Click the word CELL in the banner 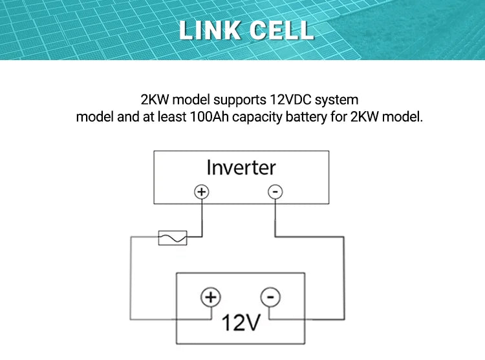(x=281, y=30)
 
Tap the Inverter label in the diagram (x=241, y=167)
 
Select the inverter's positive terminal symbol (x=202, y=192)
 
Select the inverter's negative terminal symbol (x=275, y=192)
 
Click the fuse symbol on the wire (x=173, y=238)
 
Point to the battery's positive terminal (x=210, y=297)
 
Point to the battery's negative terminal (x=270, y=297)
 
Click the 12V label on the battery (x=240, y=323)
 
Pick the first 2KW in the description (x=155, y=101)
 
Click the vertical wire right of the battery (x=344, y=278)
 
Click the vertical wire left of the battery (x=131, y=278)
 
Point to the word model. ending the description (x=404, y=118)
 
